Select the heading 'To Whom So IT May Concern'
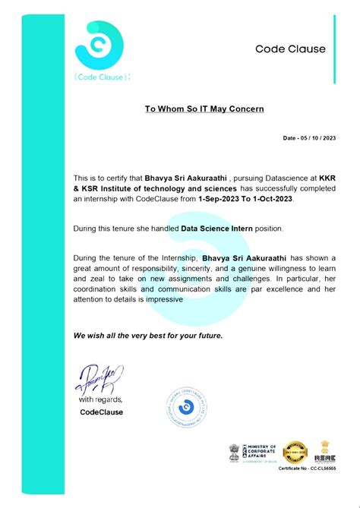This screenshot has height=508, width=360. pos(204,109)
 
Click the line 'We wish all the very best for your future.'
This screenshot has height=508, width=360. pos(137,335)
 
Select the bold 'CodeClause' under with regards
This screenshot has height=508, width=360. pos(101,412)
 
